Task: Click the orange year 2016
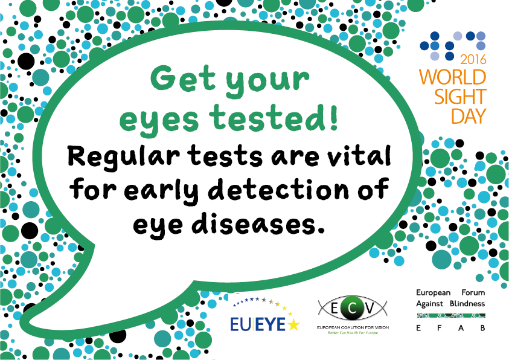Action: pos(473,59)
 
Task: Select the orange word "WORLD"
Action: pos(453,77)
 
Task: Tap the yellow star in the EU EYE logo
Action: pos(293,324)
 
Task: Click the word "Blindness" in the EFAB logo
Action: pos(465,303)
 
